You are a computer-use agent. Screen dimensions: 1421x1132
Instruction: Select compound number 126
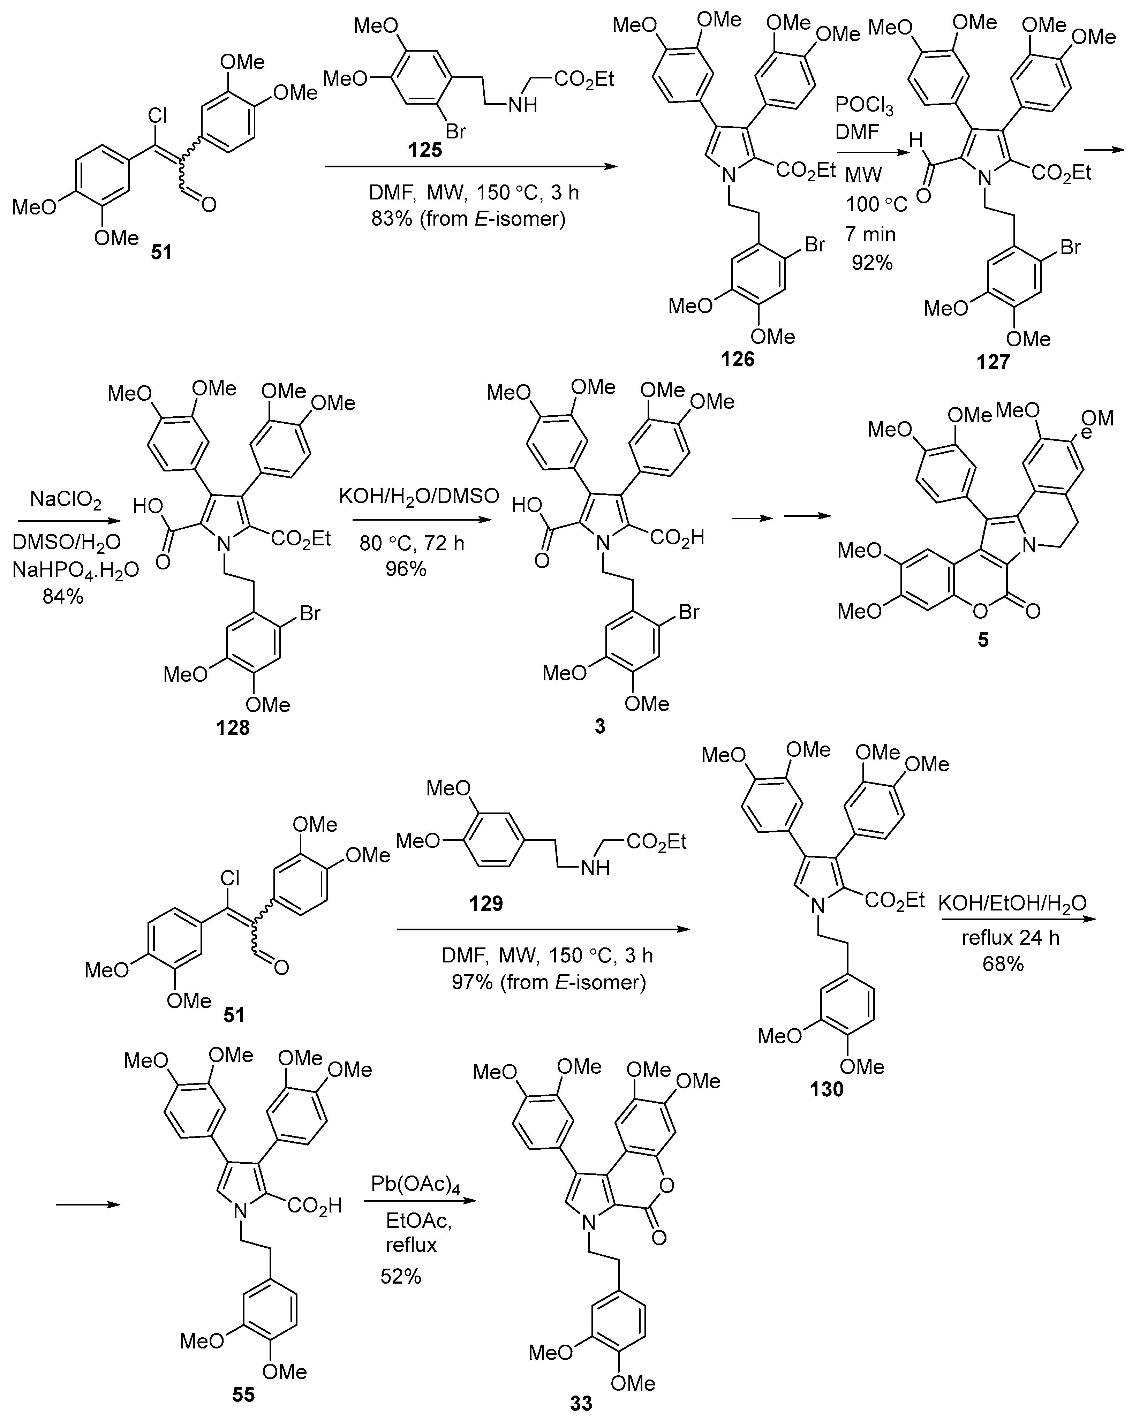(738, 360)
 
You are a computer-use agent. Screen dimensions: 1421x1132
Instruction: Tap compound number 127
(993, 361)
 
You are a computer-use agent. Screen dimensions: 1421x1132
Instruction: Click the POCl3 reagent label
(864, 105)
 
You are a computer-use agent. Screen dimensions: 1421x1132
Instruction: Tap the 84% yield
(63, 597)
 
